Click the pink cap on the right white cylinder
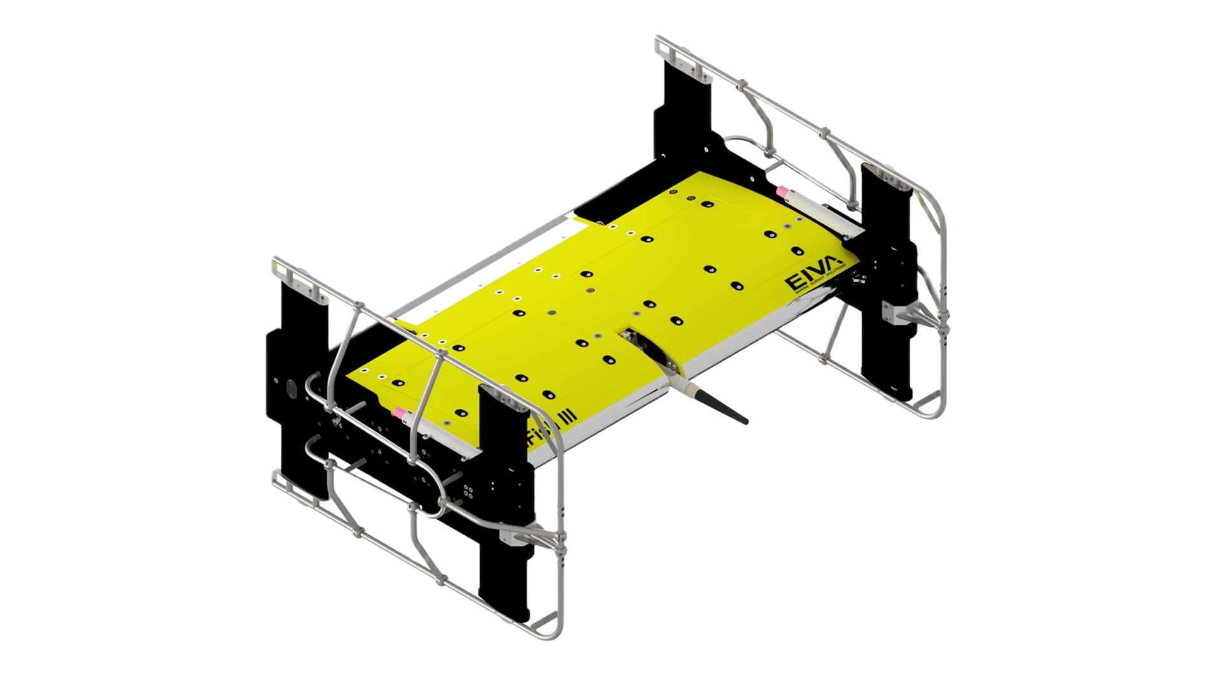[x=783, y=192]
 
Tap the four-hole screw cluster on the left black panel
[x=468, y=489]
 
